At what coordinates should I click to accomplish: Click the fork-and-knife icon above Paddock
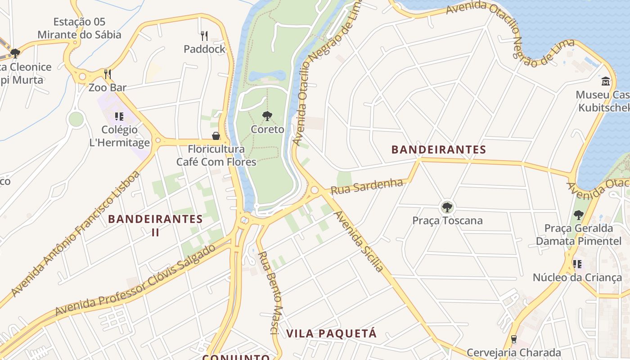point(204,36)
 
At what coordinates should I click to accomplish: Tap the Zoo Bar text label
point(108,87)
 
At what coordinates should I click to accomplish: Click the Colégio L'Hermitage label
point(119,136)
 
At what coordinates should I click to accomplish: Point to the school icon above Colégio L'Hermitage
point(119,117)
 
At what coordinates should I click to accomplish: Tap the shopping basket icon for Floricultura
point(216,136)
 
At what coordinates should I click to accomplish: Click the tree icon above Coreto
point(267,116)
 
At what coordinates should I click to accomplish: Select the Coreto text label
point(267,130)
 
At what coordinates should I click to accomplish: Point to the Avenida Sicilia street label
point(359,242)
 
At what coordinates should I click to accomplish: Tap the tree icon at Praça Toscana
point(447,207)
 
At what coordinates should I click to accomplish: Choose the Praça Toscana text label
point(447,220)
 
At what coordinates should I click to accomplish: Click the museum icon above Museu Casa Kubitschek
point(606,81)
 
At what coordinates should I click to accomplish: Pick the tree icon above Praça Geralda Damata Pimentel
point(579,215)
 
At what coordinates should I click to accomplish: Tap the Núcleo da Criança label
point(577,277)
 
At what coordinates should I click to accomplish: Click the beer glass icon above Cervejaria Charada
point(513,339)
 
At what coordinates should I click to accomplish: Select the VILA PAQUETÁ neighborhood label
point(332,333)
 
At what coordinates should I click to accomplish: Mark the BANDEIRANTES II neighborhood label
point(155,225)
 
